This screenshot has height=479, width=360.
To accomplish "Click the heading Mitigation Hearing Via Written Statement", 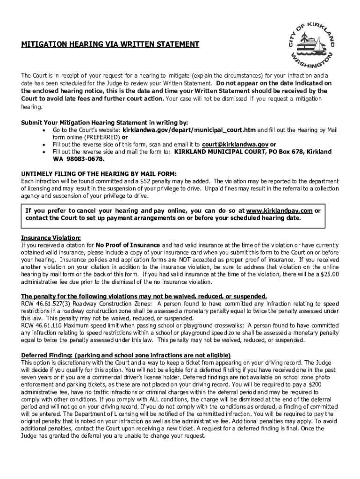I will click(110, 44).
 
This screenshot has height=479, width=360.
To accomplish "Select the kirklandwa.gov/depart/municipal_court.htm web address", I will click(189, 130).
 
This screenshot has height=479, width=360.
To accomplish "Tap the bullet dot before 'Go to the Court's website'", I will click(43, 130).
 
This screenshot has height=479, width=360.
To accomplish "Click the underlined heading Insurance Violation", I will click(51, 237).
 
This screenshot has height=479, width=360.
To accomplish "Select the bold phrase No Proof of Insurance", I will click(128, 245).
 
